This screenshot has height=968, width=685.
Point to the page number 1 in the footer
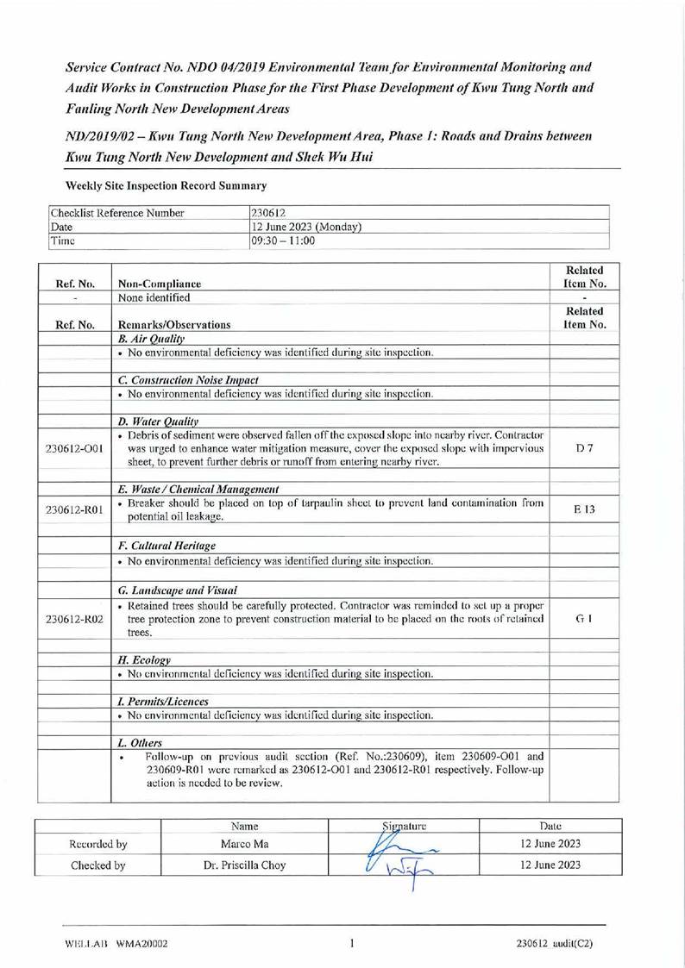point(353,943)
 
